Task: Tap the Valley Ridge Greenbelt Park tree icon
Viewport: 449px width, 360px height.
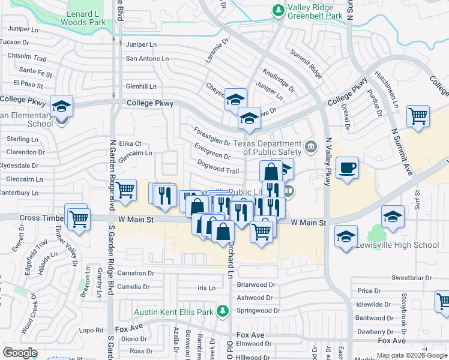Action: [x=278, y=10]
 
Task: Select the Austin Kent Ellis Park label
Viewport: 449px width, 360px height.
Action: [x=173, y=312]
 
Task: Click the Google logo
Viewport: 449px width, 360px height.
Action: [x=20, y=353]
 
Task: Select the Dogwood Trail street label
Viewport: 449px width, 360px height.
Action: [x=218, y=170]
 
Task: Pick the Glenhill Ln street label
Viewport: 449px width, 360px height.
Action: [x=140, y=86]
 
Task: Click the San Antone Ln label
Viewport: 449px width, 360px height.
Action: [x=146, y=59]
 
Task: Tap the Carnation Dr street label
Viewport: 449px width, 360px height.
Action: [x=136, y=273]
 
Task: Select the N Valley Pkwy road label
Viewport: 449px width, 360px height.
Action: [x=328, y=162]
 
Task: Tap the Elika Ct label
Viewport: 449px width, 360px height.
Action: [x=130, y=144]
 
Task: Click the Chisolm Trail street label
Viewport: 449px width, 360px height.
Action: [x=26, y=58]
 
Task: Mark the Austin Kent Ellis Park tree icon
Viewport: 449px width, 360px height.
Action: [x=223, y=311]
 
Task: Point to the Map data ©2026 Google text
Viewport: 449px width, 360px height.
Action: [x=412, y=355]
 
